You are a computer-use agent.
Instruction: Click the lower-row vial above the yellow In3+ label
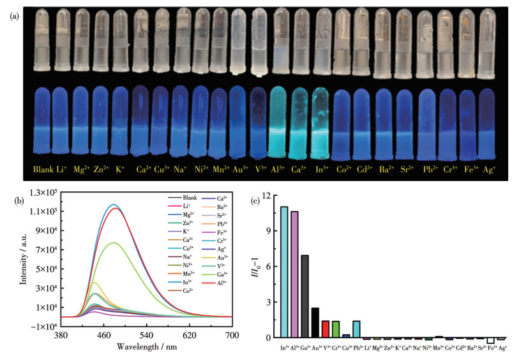point(321,121)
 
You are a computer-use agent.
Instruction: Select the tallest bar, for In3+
point(283,272)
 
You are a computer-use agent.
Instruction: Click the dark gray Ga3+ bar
point(305,296)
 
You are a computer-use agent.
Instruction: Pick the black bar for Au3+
point(315,322)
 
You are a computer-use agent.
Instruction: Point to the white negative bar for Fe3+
point(490,341)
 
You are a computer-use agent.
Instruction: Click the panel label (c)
point(256,202)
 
